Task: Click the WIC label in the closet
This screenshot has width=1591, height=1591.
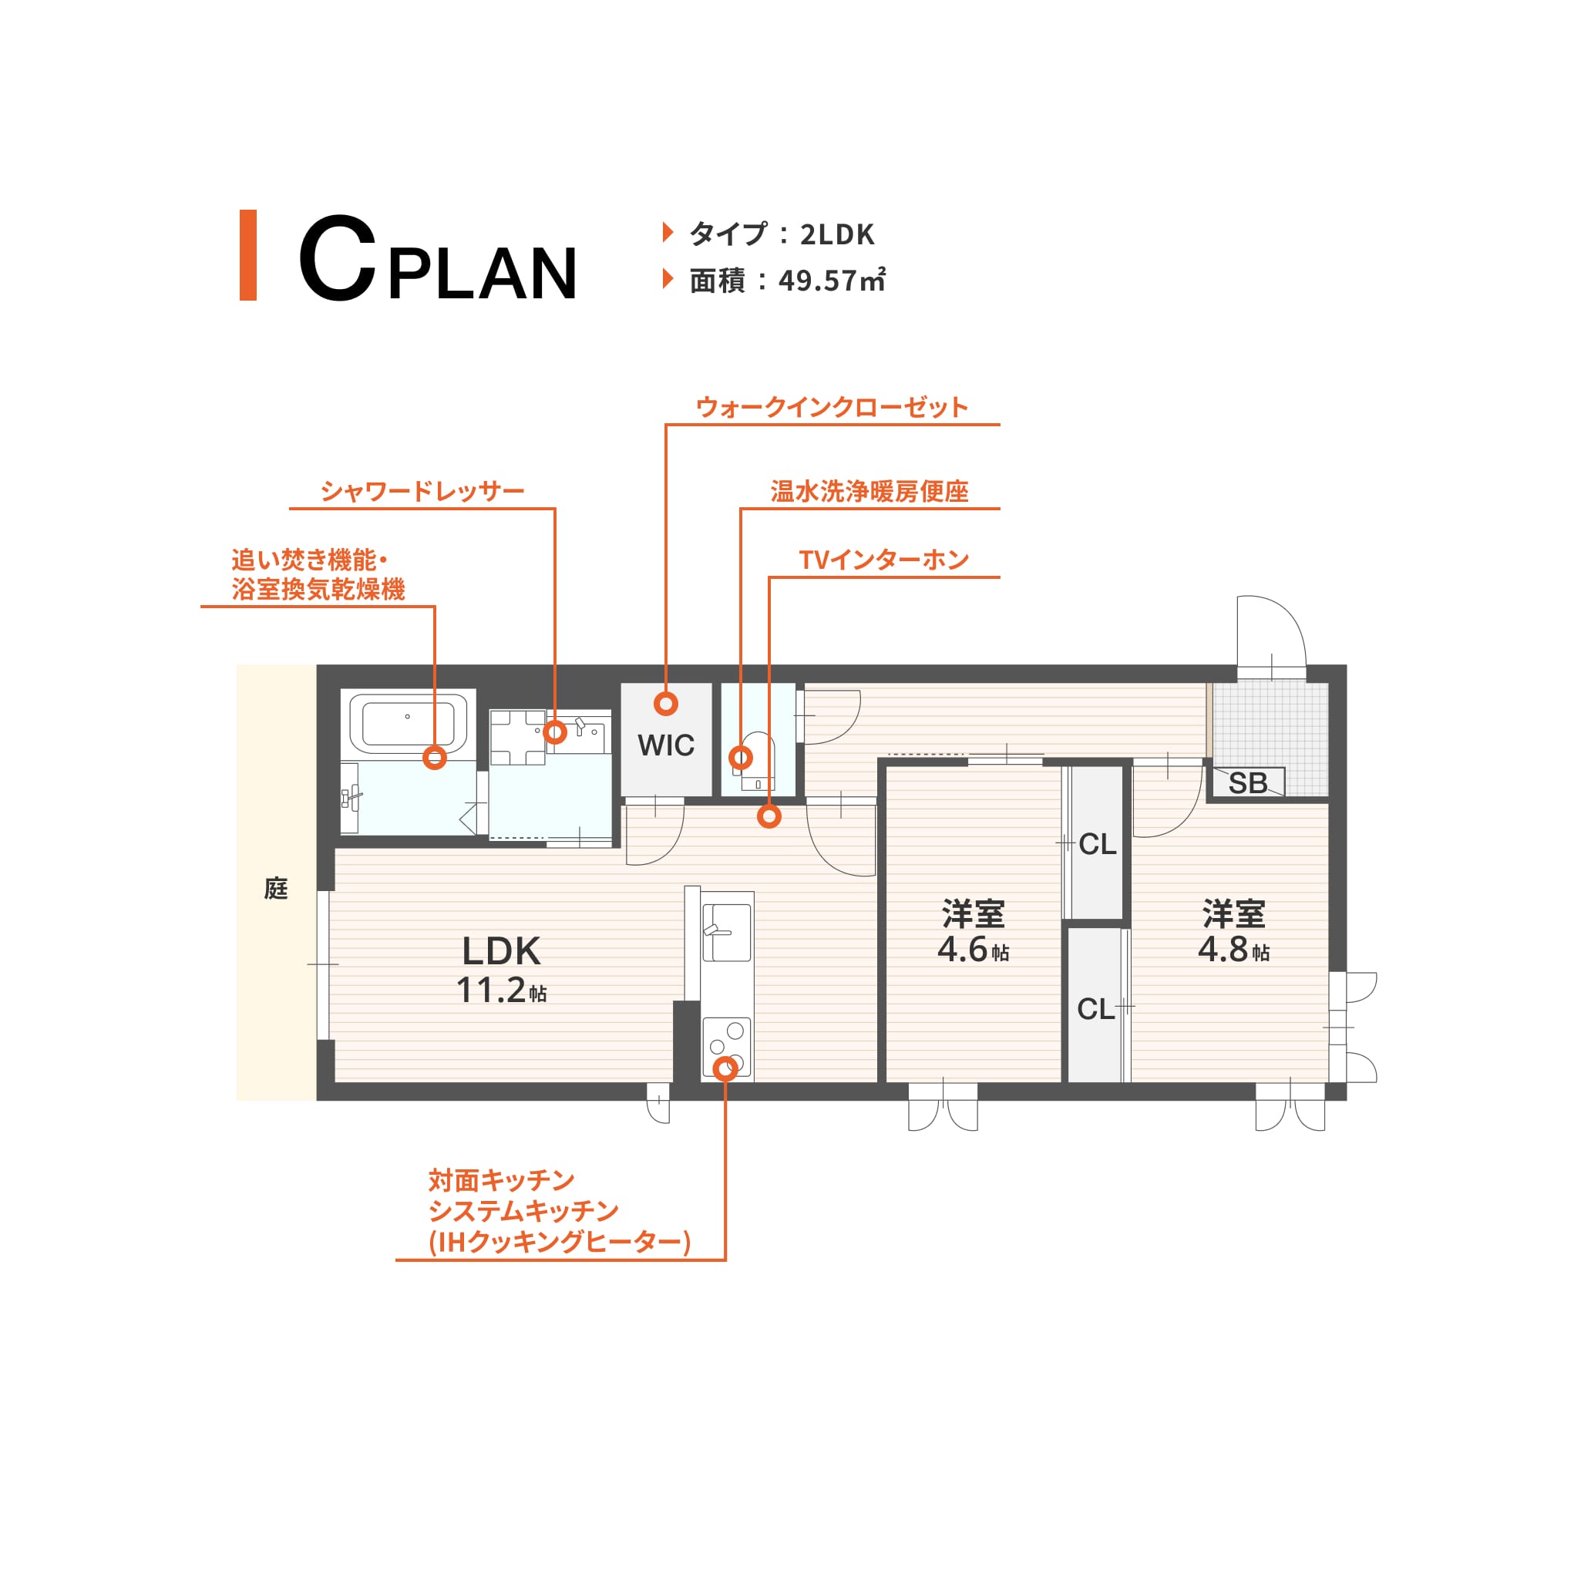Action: pyautogui.click(x=665, y=745)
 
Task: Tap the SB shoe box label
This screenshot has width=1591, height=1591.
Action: pyautogui.click(x=1248, y=783)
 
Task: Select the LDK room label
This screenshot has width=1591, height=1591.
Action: pyautogui.click(x=501, y=951)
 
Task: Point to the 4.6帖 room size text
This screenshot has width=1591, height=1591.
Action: pyautogui.click(x=973, y=950)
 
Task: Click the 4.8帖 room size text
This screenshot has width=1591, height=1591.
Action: pyautogui.click(x=1233, y=950)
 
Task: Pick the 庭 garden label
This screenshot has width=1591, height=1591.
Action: pyautogui.click(x=276, y=889)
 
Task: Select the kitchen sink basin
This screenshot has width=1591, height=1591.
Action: pyautogui.click(x=726, y=932)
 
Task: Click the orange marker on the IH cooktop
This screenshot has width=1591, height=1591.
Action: pyautogui.click(x=725, y=1069)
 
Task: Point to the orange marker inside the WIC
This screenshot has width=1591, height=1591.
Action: pyautogui.click(x=665, y=703)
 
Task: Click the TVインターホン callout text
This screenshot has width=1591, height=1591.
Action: pyautogui.click(x=883, y=560)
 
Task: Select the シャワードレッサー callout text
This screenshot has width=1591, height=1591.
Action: pyautogui.click(x=422, y=491)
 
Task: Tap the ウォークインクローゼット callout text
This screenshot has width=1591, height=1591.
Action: pyautogui.click(x=832, y=407)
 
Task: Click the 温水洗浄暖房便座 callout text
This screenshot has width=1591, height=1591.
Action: pyautogui.click(x=869, y=492)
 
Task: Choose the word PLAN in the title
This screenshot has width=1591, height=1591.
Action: pyautogui.click(x=483, y=273)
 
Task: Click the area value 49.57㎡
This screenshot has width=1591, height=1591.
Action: pyautogui.click(x=832, y=281)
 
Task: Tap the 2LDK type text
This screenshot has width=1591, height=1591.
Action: pyautogui.click(x=836, y=234)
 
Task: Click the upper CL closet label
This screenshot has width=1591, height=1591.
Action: pyautogui.click(x=1097, y=844)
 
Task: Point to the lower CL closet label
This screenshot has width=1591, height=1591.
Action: pyautogui.click(x=1095, y=1009)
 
